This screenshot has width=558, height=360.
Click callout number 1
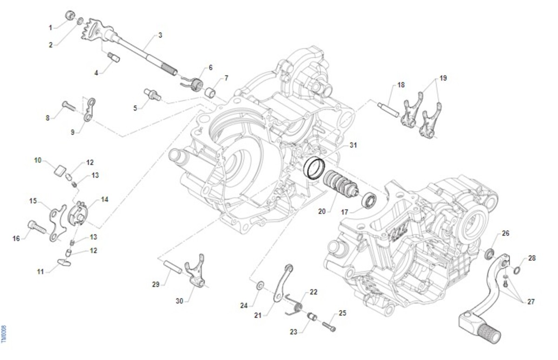tap(51, 28)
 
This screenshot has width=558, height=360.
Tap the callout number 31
tap(353, 146)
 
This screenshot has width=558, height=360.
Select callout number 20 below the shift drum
tap(322, 211)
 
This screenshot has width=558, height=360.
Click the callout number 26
tap(505, 233)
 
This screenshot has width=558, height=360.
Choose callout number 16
tap(16, 239)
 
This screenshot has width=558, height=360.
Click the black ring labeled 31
tap(313, 167)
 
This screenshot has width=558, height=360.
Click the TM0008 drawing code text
tap(4, 334)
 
